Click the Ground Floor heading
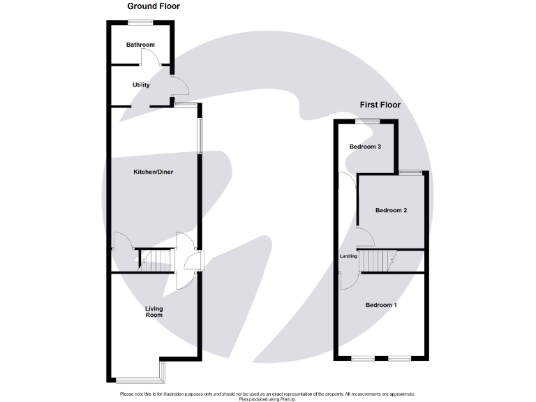pyautogui.click(x=154, y=6)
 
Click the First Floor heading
pyautogui.click(x=380, y=105)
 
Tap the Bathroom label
pyautogui.click(x=140, y=45)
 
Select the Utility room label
pyautogui.click(x=142, y=84)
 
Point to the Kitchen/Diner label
pyautogui.click(x=153, y=171)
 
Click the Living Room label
pyautogui.click(x=154, y=311)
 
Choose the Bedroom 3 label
pyautogui.click(x=365, y=147)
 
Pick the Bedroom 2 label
pyautogui.click(x=391, y=210)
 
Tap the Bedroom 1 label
pyautogui.click(x=381, y=305)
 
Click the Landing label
pyautogui.click(x=348, y=256)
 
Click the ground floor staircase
pyautogui.click(x=158, y=261)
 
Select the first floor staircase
pyautogui.click(x=377, y=261)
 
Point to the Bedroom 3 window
pyautogui.click(x=367, y=121)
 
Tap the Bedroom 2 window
pyautogui.click(x=410, y=172)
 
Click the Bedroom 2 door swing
pyautogui.click(x=365, y=237)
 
